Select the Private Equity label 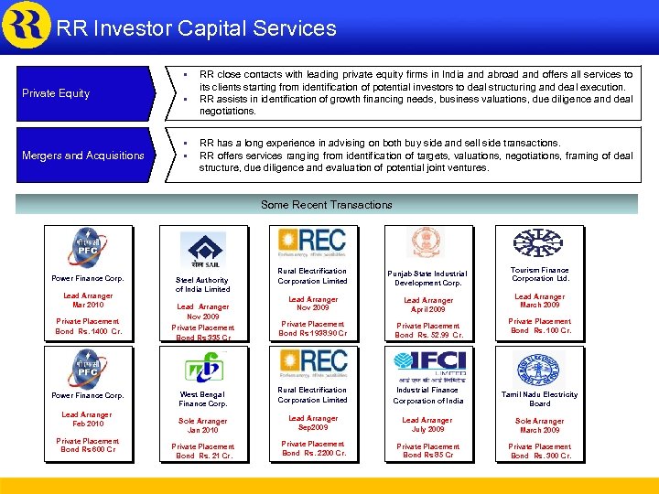click(56, 93)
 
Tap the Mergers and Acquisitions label click(83, 156)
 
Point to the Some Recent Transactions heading click(326, 205)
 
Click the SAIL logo click(203, 250)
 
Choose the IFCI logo click(428, 365)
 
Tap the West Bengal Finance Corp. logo click(203, 368)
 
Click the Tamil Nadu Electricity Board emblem click(539, 369)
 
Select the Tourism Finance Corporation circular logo click(539, 243)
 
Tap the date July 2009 click(427, 429)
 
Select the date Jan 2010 click(203, 430)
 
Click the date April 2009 click(427, 309)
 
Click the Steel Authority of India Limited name click(203, 285)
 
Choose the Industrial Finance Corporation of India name click(427, 395)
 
